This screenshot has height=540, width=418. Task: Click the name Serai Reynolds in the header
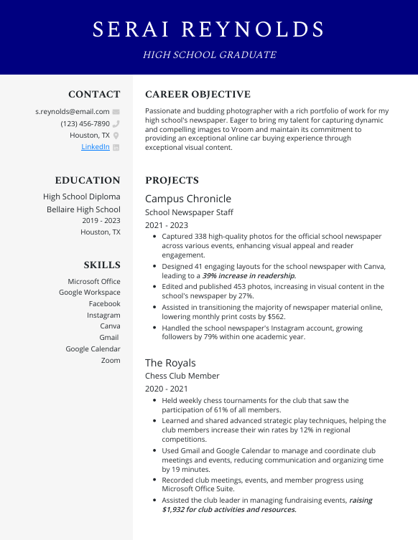click(209, 29)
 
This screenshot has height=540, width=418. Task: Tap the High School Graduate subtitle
click(209, 55)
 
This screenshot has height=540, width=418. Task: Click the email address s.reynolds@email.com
click(73, 112)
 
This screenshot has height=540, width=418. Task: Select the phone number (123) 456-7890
click(85, 123)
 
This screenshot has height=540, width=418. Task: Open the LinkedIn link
click(95, 146)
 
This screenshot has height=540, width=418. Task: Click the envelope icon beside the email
click(116, 112)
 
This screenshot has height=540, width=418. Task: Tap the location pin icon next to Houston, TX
click(116, 135)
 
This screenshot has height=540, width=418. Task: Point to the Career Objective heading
click(198, 94)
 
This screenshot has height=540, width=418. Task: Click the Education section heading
click(88, 180)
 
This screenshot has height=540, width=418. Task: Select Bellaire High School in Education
click(83, 209)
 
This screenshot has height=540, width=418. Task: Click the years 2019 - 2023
click(101, 221)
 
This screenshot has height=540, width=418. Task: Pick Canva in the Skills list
click(110, 326)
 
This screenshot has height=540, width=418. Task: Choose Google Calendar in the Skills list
click(93, 349)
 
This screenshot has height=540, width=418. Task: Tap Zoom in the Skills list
click(111, 360)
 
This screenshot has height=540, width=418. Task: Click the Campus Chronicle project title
click(188, 199)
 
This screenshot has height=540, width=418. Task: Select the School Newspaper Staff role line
click(189, 212)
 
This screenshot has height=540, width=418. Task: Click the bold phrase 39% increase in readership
click(249, 275)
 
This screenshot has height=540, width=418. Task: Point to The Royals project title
click(170, 363)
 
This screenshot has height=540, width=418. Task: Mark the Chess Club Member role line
click(182, 376)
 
